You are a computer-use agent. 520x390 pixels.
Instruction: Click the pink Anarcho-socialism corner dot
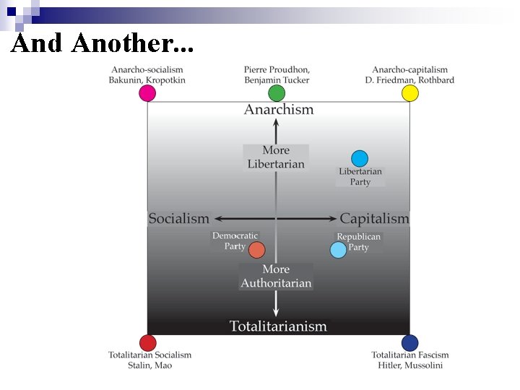[x=147, y=93]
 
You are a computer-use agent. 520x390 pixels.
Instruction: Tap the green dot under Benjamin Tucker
[x=277, y=93]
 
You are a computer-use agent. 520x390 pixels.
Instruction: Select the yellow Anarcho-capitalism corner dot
[x=409, y=93]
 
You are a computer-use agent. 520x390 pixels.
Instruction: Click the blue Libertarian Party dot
[x=360, y=158]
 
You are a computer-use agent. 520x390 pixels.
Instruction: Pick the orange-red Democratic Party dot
[x=256, y=250]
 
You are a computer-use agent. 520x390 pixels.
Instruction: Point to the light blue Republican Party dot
[x=338, y=250]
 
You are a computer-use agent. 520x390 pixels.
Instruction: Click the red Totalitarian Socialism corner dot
[x=147, y=343]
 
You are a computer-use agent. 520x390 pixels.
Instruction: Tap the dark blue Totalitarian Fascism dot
[x=409, y=343]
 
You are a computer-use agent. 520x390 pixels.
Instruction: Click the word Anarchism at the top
[x=279, y=110]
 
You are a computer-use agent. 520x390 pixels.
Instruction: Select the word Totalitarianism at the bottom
[x=278, y=326]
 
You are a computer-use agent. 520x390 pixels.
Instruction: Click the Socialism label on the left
[x=178, y=218]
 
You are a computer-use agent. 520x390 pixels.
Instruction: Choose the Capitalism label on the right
[x=374, y=218]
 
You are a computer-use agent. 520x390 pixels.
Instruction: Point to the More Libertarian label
[x=276, y=157]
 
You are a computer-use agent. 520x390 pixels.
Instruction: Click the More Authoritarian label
[x=276, y=276]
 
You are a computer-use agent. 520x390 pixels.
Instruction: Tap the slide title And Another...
[x=103, y=44]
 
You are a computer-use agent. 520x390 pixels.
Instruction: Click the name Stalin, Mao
[x=150, y=365]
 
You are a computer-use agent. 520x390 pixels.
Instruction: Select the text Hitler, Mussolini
[x=410, y=365]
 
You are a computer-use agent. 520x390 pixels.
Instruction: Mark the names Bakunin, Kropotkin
[x=147, y=79]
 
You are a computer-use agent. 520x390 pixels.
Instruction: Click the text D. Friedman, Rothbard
[x=409, y=79]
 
